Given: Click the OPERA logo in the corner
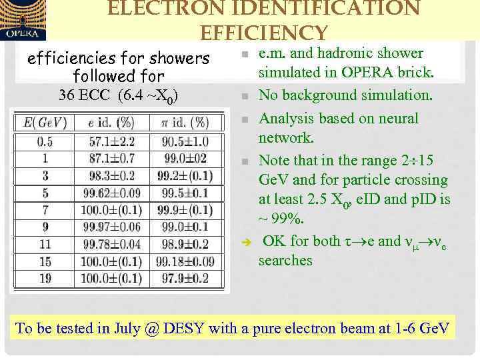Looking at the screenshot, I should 23,20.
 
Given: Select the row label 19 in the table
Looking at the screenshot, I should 45,279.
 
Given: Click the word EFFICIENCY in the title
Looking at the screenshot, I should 264,32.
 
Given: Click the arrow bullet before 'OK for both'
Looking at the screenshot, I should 245,242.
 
